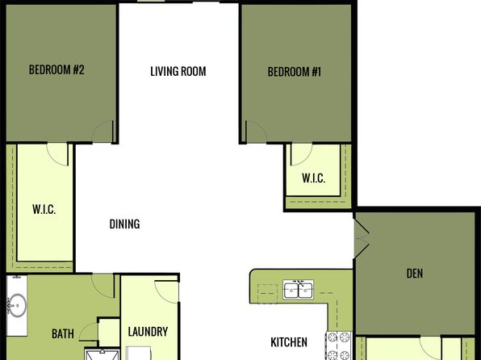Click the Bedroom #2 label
(x=56, y=69)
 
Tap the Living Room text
(x=178, y=71)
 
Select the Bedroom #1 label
(x=295, y=72)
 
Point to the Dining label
(x=124, y=224)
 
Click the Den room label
(x=415, y=273)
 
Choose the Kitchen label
(x=289, y=342)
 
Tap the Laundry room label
(x=148, y=332)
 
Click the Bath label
(x=63, y=333)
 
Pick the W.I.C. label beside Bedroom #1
(x=313, y=178)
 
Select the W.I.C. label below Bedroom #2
(x=44, y=209)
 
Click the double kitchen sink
(x=298, y=290)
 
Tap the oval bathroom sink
(x=18, y=305)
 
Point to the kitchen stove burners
(x=338, y=346)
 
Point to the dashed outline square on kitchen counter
(x=267, y=294)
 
